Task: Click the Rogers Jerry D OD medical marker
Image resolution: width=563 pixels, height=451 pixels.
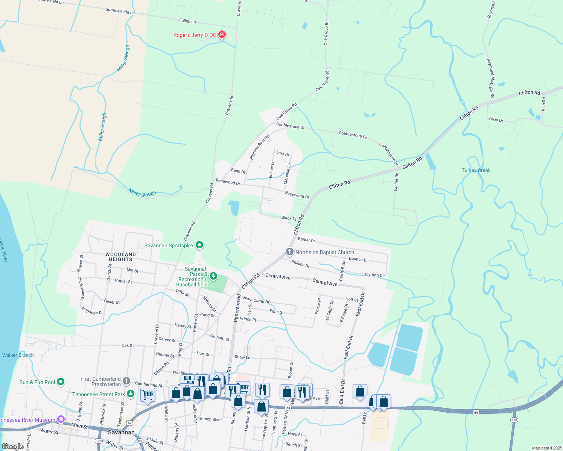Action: tap(222, 35)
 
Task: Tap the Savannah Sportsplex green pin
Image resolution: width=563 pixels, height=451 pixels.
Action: tap(199, 245)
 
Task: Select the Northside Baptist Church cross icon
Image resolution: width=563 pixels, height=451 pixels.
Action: tap(289, 252)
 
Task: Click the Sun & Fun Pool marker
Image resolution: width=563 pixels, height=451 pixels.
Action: tap(61, 382)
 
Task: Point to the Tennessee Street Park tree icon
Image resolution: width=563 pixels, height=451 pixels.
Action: tap(130, 394)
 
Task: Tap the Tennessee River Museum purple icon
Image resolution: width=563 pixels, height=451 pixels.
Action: tap(61, 419)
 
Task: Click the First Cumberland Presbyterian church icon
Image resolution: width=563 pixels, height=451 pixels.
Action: tap(126, 381)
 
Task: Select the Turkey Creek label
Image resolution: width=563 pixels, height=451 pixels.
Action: tap(476, 170)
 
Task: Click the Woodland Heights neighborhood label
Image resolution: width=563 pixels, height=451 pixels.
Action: tap(120, 257)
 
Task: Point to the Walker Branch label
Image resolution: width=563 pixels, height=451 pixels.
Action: tap(18, 355)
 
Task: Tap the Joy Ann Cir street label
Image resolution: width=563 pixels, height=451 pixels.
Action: tap(374, 275)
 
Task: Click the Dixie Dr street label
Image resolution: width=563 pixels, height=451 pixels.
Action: tap(496, 120)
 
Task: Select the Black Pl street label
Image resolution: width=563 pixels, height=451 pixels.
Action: tap(289, 218)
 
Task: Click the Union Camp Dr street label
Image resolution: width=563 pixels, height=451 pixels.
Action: tap(256, 300)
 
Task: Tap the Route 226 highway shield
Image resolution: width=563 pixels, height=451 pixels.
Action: tap(514, 419)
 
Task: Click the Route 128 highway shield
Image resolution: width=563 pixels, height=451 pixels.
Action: tap(99, 440)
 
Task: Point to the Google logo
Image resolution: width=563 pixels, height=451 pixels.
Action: tap(12, 446)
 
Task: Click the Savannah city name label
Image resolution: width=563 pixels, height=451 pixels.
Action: tap(121, 432)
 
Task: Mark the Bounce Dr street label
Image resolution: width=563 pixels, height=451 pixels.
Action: tap(358, 259)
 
